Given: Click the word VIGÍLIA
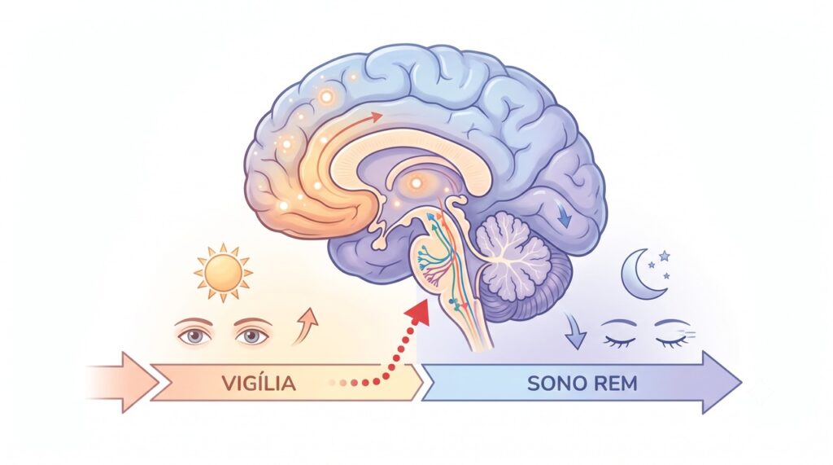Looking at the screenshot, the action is pyautogui.click(x=258, y=383).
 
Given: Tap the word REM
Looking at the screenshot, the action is pyautogui.click(x=615, y=383).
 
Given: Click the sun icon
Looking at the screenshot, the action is pyautogui.click(x=223, y=272).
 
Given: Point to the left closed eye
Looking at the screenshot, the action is pyautogui.click(x=618, y=336).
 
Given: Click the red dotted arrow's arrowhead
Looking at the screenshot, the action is pyautogui.click(x=420, y=312).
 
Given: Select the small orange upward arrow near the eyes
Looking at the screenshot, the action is pyautogui.click(x=306, y=326).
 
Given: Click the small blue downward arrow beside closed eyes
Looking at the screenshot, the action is pyautogui.click(x=575, y=331).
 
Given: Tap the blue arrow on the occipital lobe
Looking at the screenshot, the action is pyautogui.click(x=564, y=216).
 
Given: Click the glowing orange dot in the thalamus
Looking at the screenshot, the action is pyautogui.click(x=416, y=183).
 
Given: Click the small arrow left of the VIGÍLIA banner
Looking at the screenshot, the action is pyautogui.click(x=124, y=382).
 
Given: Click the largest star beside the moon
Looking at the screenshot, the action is pyautogui.click(x=664, y=256).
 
